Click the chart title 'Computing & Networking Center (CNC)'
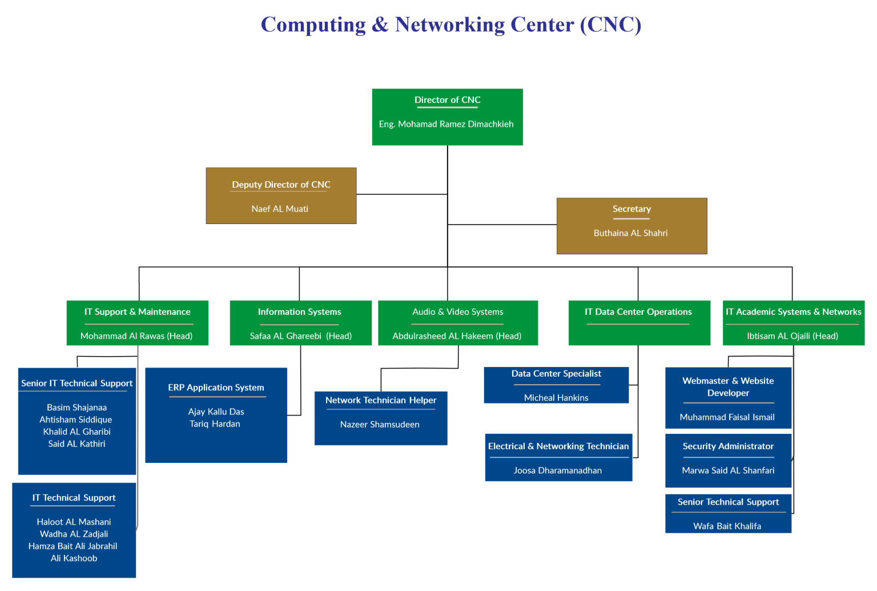coord(450,25)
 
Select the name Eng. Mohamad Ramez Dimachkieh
coord(446,124)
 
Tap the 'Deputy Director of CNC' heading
coord(281,185)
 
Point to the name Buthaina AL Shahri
coord(630,233)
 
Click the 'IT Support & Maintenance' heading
coord(137,312)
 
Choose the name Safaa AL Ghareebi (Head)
coord(300,336)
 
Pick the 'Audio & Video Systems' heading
coord(457,312)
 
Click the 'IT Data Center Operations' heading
coord(638,312)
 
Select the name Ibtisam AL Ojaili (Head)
coord(792,336)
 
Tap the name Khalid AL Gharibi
coord(77,432)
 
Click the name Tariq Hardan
coord(215,424)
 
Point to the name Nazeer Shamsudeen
coord(380,425)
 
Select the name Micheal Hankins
coord(556,398)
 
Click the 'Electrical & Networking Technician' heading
coord(558,446)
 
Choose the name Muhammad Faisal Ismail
coord(727,417)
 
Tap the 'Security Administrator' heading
coord(728,446)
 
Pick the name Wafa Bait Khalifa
coord(727,526)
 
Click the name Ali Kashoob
coord(74,558)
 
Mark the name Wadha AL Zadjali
coord(74,534)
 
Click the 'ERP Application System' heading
coord(216,388)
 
